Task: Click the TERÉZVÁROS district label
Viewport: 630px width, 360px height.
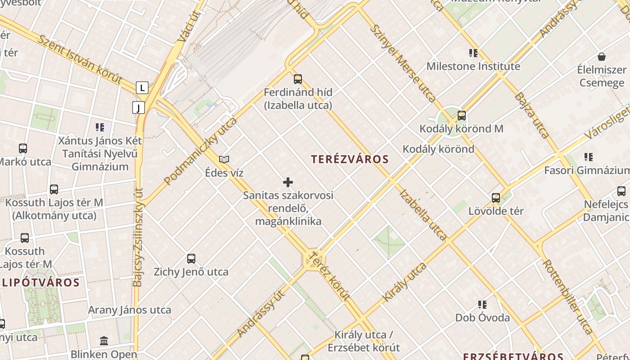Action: click(350, 159)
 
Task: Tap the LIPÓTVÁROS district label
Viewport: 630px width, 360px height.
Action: click(41, 283)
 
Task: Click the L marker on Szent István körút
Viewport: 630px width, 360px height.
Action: click(142, 87)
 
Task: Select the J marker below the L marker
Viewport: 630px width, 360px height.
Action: click(139, 108)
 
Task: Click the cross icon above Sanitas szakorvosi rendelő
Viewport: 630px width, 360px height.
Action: click(288, 182)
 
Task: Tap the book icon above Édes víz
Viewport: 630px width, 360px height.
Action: click(224, 159)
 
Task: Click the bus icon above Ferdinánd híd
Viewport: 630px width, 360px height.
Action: click(298, 79)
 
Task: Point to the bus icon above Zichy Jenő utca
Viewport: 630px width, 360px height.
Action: click(191, 259)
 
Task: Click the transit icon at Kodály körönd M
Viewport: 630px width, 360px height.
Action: click(461, 116)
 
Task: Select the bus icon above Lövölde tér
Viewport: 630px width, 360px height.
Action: click(496, 198)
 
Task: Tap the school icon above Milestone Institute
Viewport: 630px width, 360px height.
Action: click(473, 53)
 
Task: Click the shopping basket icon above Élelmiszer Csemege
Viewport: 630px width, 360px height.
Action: click(602, 57)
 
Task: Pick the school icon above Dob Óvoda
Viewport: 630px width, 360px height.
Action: click(482, 305)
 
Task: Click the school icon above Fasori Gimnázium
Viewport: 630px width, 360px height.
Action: click(589, 157)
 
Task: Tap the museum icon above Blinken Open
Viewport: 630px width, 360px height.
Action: click(104, 341)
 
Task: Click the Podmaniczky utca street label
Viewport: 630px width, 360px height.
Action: click(200, 151)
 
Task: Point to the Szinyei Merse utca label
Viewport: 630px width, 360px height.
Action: click(403, 63)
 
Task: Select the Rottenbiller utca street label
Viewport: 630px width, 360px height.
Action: click(568, 297)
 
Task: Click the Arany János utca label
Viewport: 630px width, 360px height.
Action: click(130, 310)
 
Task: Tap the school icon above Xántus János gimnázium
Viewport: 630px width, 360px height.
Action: click(100, 127)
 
